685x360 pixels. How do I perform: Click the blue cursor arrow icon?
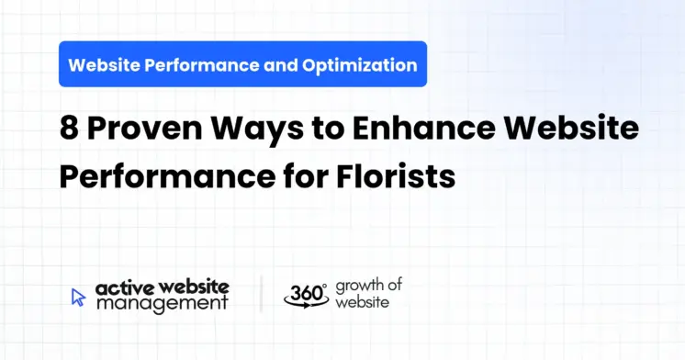tap(79, 296)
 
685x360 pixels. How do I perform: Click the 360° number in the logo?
tap(305, 293)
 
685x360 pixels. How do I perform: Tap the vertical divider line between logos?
tap(261, 294)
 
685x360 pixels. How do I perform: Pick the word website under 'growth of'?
tap(362, 302)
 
